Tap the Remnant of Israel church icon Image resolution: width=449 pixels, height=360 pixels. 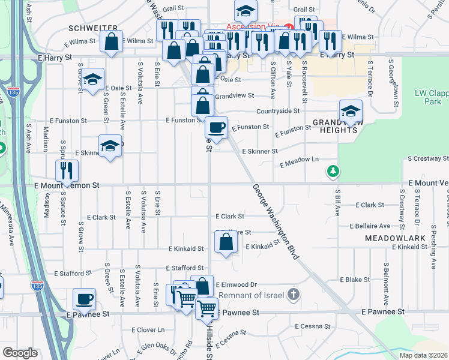(x=292, y=295)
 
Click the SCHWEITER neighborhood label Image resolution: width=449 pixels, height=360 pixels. (x=92, y=28)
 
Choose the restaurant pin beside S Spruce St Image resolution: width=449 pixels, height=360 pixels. (x=67, y=171)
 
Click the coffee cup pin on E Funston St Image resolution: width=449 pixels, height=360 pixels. (x=216, y=128)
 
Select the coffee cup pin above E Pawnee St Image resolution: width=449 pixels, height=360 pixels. (x=84, y=299)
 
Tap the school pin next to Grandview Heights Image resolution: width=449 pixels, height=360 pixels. (x=351, y=111)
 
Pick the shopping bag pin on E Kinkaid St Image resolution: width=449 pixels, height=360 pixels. (x=226, y=244)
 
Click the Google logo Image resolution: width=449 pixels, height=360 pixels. (x=20, y=353)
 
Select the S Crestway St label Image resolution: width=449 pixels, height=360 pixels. (x=427, y=159)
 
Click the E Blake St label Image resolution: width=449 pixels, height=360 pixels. (x=354, y=280)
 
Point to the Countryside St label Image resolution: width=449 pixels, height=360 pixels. (x=277, y=111)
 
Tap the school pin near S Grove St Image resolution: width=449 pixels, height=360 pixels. (x=92, y=80)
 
